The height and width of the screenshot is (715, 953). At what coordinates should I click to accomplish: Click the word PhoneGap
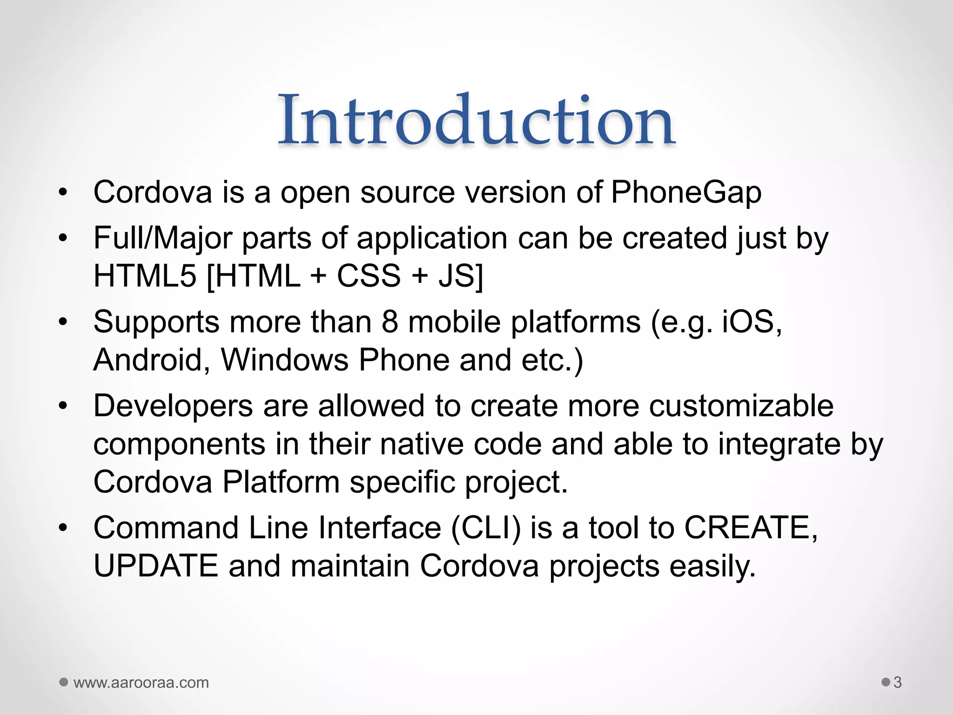pyautogui.click(x=686, y=192)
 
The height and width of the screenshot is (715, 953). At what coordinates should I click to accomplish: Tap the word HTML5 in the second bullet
pyautogui.click(x=145, y=276)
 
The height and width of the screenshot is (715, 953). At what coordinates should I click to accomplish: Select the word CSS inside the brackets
pyautogui.click(x=369, y=276)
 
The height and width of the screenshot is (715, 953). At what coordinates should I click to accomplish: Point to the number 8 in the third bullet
pyautogui.click(x=389, y=322)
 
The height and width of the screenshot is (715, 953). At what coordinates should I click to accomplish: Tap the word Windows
pyautogui.click(x=285, y=360)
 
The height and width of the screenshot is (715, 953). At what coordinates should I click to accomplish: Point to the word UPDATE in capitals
pyautogui.click(x=156, y=566)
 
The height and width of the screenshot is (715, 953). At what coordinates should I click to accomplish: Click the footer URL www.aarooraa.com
pyautogui.click(x=141, y=683)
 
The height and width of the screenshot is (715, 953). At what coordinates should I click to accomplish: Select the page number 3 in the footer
pyautogui.click(x=898, y=682)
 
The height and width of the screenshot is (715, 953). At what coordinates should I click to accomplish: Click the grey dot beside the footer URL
pyautogui.click(x=64, y=682)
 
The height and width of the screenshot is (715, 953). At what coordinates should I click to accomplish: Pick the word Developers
pyautogui.click(x=173, y=406)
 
